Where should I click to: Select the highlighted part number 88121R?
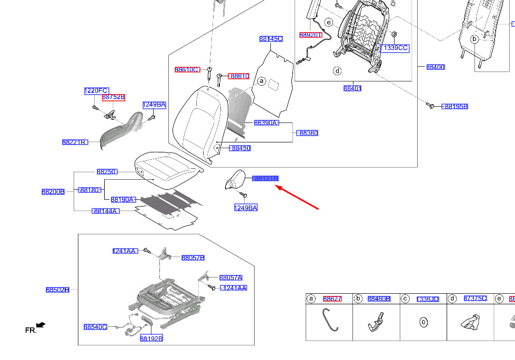tap(266, 179)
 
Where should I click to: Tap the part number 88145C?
tap(271, 39)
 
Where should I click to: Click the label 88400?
tap(436, 67)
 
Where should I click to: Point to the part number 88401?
tap(352, 88)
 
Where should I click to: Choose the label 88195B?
tap(456, 106)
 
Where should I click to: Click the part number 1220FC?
tap(96, 91)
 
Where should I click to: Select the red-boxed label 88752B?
tap(114, 97)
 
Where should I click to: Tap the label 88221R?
tap(74, 142)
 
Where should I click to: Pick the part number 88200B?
tap(53, 192)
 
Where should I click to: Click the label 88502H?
tap(57, 290)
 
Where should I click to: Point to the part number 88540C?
tap(95, 327)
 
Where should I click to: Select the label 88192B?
tap(151, 338)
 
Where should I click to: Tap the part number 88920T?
tap(310, 35)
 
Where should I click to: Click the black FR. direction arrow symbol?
tap(41, 326)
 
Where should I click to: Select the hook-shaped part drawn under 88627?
tap(329, 320)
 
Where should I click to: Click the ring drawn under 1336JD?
tap(423, 322)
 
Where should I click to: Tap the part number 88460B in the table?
tap(379, 299)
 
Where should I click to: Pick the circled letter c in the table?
tap(405, 299)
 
